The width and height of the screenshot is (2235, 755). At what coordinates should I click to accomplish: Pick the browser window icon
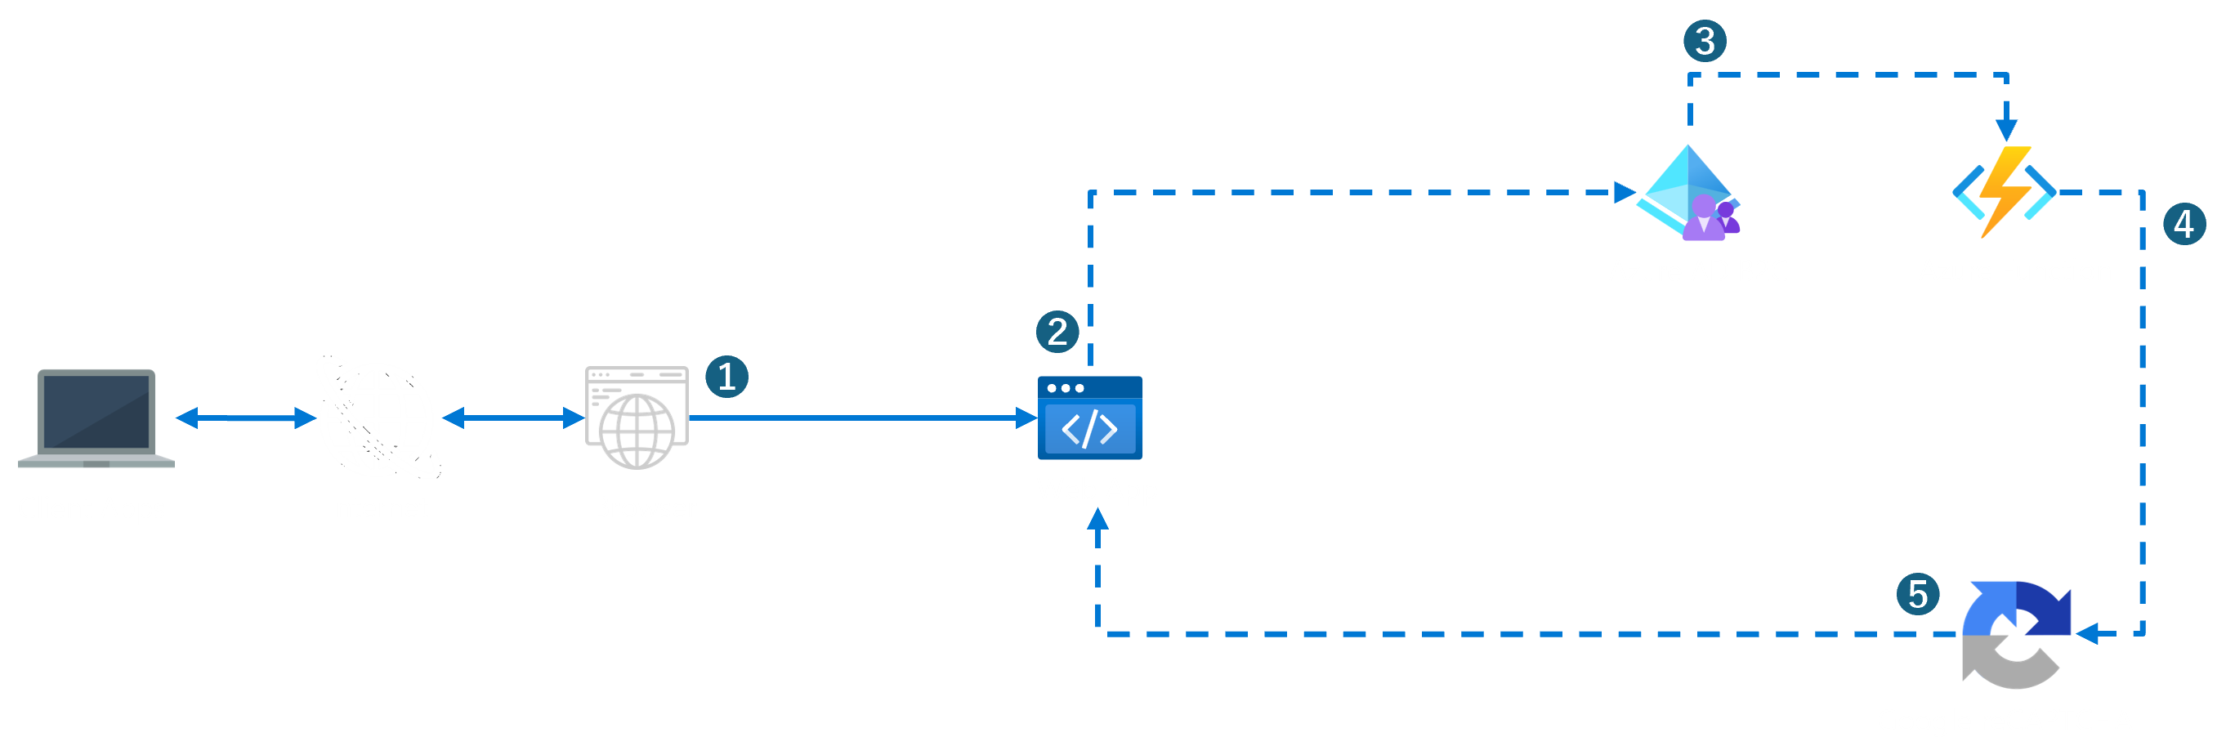pos(637,418)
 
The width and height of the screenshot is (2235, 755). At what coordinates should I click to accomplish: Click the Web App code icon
pos(1090,418)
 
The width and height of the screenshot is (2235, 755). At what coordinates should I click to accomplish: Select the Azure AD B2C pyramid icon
pos(1687,194)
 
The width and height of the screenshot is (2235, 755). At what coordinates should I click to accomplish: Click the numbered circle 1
pos(726,377)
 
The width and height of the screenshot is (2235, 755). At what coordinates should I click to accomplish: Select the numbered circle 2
pos(1057,332)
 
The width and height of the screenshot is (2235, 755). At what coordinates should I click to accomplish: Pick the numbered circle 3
pos(1704,42)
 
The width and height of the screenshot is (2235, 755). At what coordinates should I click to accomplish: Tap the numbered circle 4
pos(2184,225)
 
